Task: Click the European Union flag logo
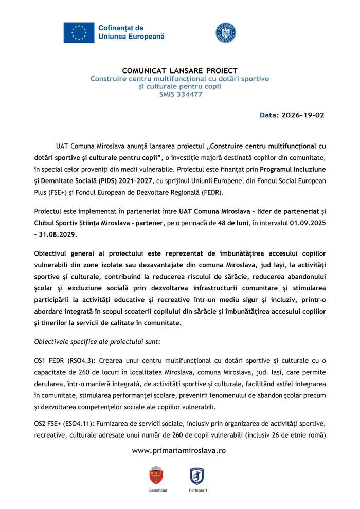(79, 32)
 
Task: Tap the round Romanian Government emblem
(225, 32)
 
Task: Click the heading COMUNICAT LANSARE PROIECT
(179, 71)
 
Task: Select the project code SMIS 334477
(179, 94)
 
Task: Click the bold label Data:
(267, 115)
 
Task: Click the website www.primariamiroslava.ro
(179, 450)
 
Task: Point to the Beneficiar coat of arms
(156, 476)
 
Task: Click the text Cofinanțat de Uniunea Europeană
(132, 32)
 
